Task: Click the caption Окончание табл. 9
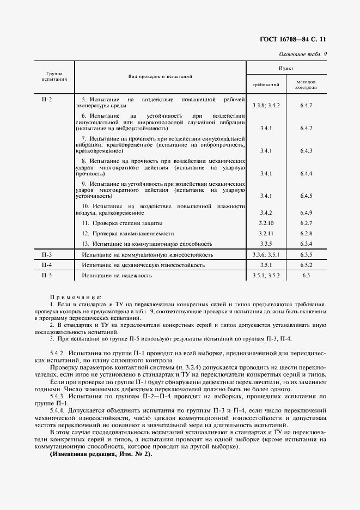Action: [x=302, y=54]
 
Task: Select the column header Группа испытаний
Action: [x=54, y=76]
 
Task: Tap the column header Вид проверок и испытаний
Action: [x=160, y=76]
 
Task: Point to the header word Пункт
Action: [x=286, y=69]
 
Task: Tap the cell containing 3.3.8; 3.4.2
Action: [x=266, y=105]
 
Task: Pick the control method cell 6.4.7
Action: [x=306, y=105]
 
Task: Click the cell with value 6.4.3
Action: [x=306, y=150]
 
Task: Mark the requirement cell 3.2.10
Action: [x=266, y=223]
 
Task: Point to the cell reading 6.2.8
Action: [x=306, y=233]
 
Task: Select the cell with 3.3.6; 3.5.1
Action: [x=266, y=254]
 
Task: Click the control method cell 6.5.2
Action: [x=306, y=265]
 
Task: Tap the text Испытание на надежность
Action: [x=117, y=276]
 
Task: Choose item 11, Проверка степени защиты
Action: [x=122, y=223]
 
